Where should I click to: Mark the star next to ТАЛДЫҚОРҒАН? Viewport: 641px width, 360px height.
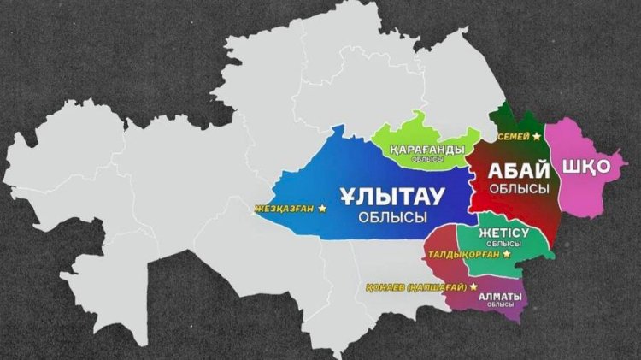click(x=508, y=253)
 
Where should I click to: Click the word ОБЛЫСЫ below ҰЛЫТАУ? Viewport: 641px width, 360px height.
click(x=392, y=219)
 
